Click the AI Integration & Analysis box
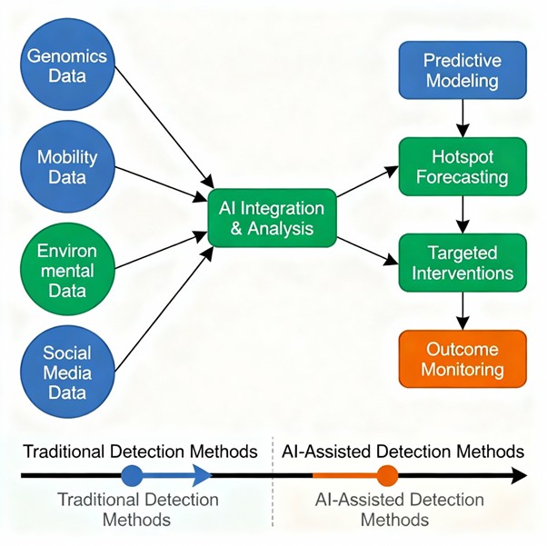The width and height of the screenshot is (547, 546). point(271,218)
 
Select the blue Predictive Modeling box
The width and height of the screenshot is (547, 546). point(462,70)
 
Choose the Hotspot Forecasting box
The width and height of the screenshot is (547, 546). point(462,165)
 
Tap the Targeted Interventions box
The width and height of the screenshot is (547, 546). point(462,262)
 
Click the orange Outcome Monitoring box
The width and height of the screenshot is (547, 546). point(462,358)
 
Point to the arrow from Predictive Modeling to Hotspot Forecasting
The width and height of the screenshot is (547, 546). point(462,116)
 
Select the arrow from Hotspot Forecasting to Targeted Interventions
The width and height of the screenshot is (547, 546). point(462,213)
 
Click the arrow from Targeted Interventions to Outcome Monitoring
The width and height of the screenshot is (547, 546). point(462,310)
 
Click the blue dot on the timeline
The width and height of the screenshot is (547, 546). point(132,475)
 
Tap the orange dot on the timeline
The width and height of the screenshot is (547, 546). point(387,475)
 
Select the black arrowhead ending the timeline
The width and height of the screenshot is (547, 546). point(518,475)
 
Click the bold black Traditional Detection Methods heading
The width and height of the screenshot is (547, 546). point(140,451)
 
